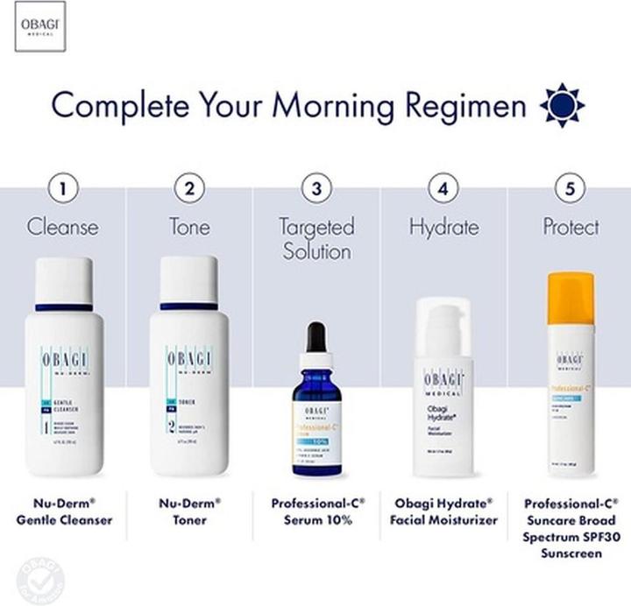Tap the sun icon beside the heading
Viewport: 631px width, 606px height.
562,106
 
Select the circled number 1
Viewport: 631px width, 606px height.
62,187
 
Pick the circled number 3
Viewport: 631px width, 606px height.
316,187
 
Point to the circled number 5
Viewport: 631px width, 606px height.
571,187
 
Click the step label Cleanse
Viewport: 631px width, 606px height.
62,227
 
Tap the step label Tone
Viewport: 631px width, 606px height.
189,227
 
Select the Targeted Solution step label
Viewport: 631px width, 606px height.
315,239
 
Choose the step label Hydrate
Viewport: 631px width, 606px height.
443,227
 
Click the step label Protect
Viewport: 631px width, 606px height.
571,227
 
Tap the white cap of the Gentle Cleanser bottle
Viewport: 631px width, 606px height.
63,280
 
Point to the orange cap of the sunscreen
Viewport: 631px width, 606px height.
571,298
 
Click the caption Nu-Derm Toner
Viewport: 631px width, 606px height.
189,511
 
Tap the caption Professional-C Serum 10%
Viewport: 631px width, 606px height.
317,511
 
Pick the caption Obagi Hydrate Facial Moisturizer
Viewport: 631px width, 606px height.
443,511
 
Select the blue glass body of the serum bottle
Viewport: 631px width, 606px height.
316,429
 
